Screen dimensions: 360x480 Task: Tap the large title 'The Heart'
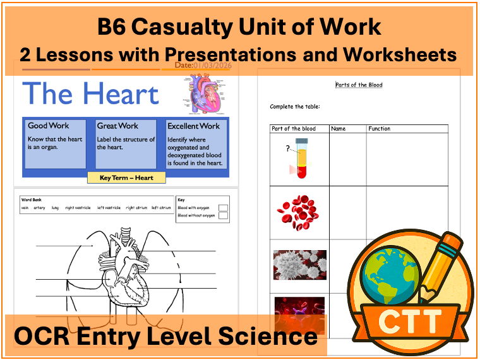(90, 93)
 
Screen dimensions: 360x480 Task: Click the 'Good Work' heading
(48, 126)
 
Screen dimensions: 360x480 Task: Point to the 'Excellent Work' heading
(193, 126)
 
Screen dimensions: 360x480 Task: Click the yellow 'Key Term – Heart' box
(126, 177)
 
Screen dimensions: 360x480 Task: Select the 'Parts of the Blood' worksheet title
(358, 85)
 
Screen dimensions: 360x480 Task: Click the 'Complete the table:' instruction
(295, 107)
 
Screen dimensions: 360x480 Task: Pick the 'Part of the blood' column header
(293, 129)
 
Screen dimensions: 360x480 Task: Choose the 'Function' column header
(379, 129)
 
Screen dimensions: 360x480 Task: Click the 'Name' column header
(339, 129)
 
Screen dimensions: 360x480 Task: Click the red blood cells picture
(300, 212)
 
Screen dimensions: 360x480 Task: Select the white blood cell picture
(299, 265)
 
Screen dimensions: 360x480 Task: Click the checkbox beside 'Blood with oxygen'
(223, 207)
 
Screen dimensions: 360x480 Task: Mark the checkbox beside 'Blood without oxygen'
(223, 215)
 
